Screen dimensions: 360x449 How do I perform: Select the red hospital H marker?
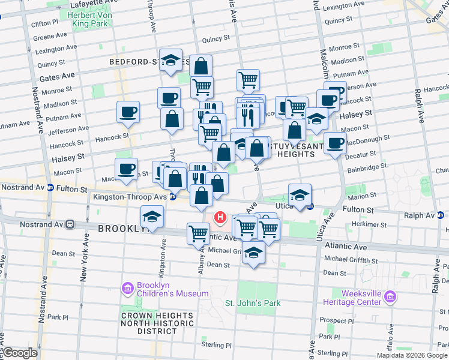point(220,218)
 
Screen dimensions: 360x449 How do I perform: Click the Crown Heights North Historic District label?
point(157,323)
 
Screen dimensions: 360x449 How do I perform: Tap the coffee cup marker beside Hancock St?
point(128,112)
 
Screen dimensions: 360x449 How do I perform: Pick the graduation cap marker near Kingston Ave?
point(152,217)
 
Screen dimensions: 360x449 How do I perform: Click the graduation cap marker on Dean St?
point(254,253)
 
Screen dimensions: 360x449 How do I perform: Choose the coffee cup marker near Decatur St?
point(335,144)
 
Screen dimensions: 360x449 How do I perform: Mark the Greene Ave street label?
point(46,37)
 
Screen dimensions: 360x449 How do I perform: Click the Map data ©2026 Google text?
point(411,355)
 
